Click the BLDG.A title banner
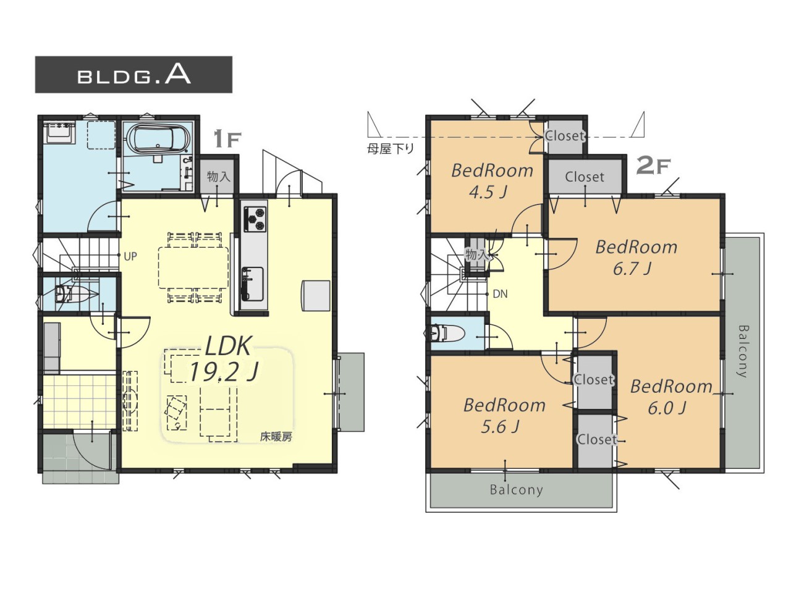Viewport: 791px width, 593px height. [133, 75]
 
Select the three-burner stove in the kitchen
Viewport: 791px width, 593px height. [255, 219]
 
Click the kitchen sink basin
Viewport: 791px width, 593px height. [252, 284]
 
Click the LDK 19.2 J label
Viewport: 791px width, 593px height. [224, 359]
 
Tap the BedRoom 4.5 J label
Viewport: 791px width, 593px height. [491, 181]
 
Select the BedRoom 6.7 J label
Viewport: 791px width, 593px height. [636, 257]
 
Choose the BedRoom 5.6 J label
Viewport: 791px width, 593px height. [504, 416]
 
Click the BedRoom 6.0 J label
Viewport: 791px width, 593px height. [671, 397]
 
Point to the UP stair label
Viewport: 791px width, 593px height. [130, 256]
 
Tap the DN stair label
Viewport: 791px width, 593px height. [500, 294]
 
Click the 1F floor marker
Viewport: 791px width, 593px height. [227, 140]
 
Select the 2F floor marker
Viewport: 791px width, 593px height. [654, 166]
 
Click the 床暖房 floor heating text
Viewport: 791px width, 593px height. [276, 437]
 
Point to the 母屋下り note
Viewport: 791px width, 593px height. [391, 149]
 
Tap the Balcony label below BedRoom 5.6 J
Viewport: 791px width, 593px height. [516, 490]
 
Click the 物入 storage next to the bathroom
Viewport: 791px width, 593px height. [218, 177]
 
